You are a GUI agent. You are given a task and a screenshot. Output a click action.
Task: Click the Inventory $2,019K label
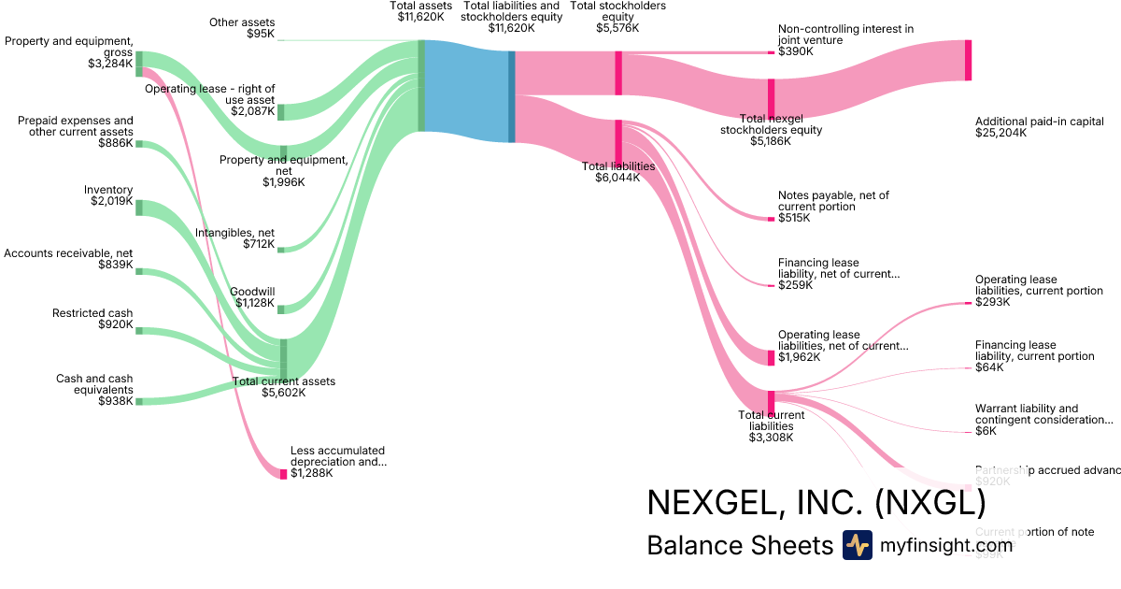pyautogui.click(x=111, y=195)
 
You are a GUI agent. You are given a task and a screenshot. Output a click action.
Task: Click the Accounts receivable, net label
pyautogui.click(x=68, y=259)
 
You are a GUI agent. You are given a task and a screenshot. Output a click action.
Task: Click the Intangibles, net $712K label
pyautogui.click(x=234, y=238)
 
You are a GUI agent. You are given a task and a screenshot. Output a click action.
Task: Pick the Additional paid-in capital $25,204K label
pyautogui.click(x=1026, y=127)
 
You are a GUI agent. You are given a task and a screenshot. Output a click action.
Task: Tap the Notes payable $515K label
pyautogui.click(x=833, y=207)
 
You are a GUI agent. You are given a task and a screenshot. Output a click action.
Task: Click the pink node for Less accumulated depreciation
pyautogui.click(x=284, y=474)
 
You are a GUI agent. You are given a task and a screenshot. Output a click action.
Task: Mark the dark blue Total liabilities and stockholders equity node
pyautogui.click(x=512, y=96)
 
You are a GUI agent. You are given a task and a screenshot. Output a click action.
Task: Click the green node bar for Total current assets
pyautogui.click(x=283, y=358)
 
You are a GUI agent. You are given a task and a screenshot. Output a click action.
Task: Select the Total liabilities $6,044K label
pyautogui.click(x=617, y=172)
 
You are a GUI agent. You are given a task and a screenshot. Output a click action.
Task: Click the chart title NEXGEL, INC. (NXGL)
pyautogui.click(x=816, y=503)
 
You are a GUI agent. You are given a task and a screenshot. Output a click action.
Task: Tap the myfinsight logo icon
pyautogui.click(x=857, y=545)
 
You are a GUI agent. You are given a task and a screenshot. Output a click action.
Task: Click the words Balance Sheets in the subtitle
pyautogui.click(x=738, y=546)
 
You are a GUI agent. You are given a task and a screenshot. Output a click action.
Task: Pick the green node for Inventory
pyautogui.click(x=139, y=208)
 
